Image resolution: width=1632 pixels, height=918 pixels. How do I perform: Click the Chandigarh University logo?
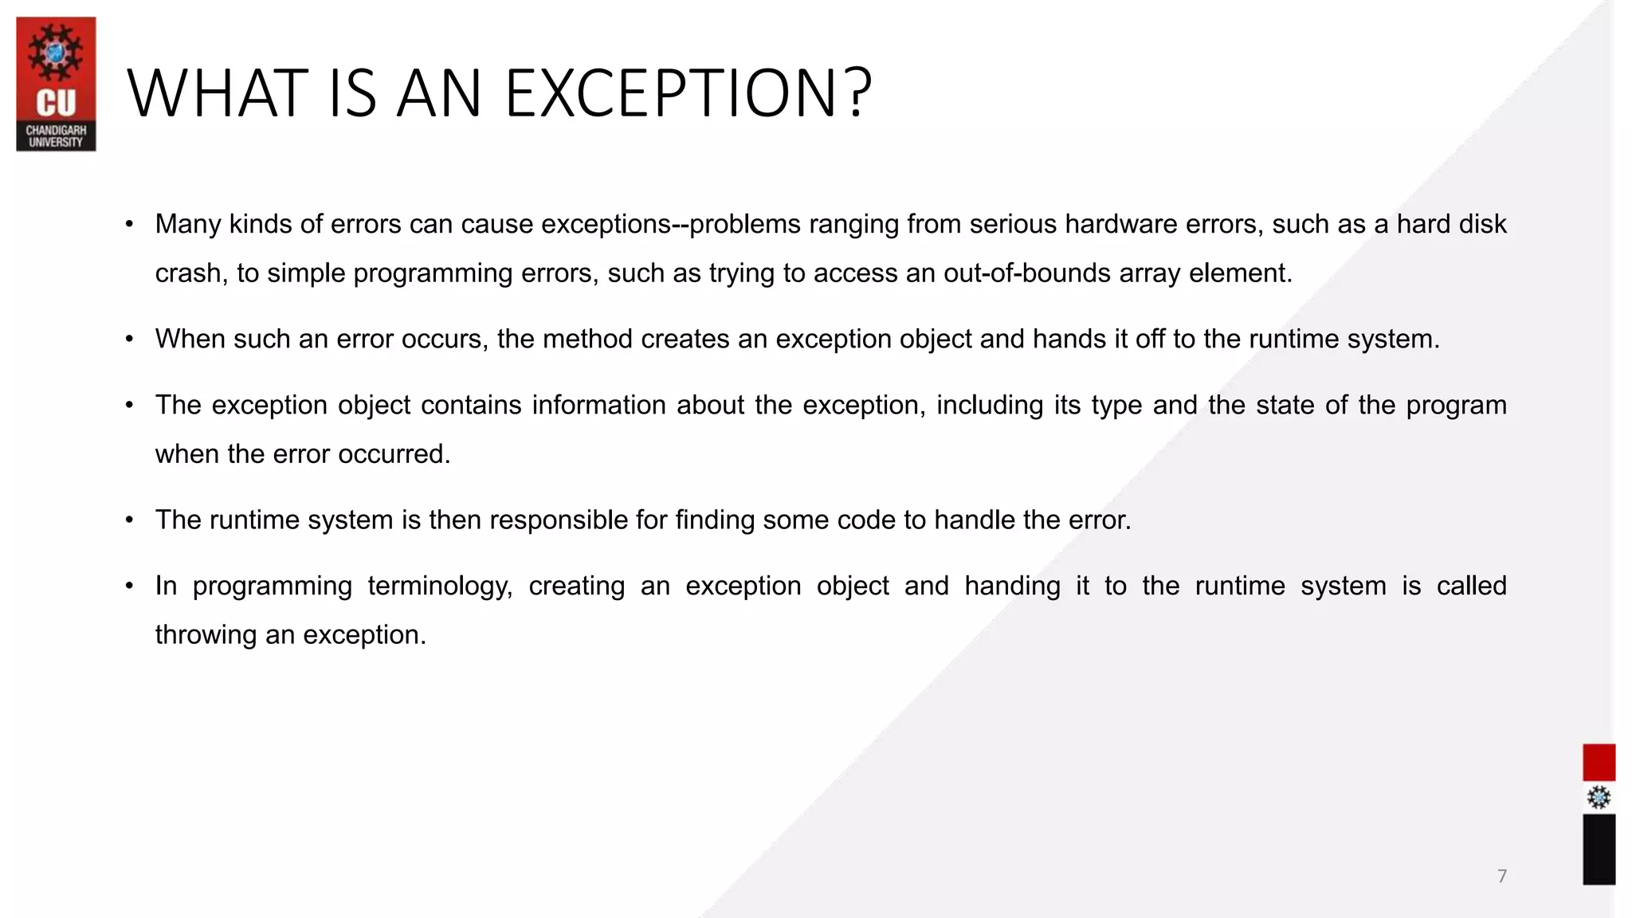(56, 84)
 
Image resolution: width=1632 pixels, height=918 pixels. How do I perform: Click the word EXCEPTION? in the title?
(688, 94)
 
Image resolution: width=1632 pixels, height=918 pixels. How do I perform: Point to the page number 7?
(1502, 877)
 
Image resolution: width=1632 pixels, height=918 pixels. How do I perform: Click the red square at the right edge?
(1599, 763)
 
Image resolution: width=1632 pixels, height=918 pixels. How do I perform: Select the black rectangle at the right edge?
(1599, 849)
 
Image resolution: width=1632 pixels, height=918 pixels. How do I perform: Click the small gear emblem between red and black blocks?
(1599, 798)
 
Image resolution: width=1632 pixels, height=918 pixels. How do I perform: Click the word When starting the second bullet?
(190, 339)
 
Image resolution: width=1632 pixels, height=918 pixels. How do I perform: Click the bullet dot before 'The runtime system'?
(129, 520)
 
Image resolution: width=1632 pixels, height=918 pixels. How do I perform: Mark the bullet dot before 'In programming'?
(129, 586)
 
